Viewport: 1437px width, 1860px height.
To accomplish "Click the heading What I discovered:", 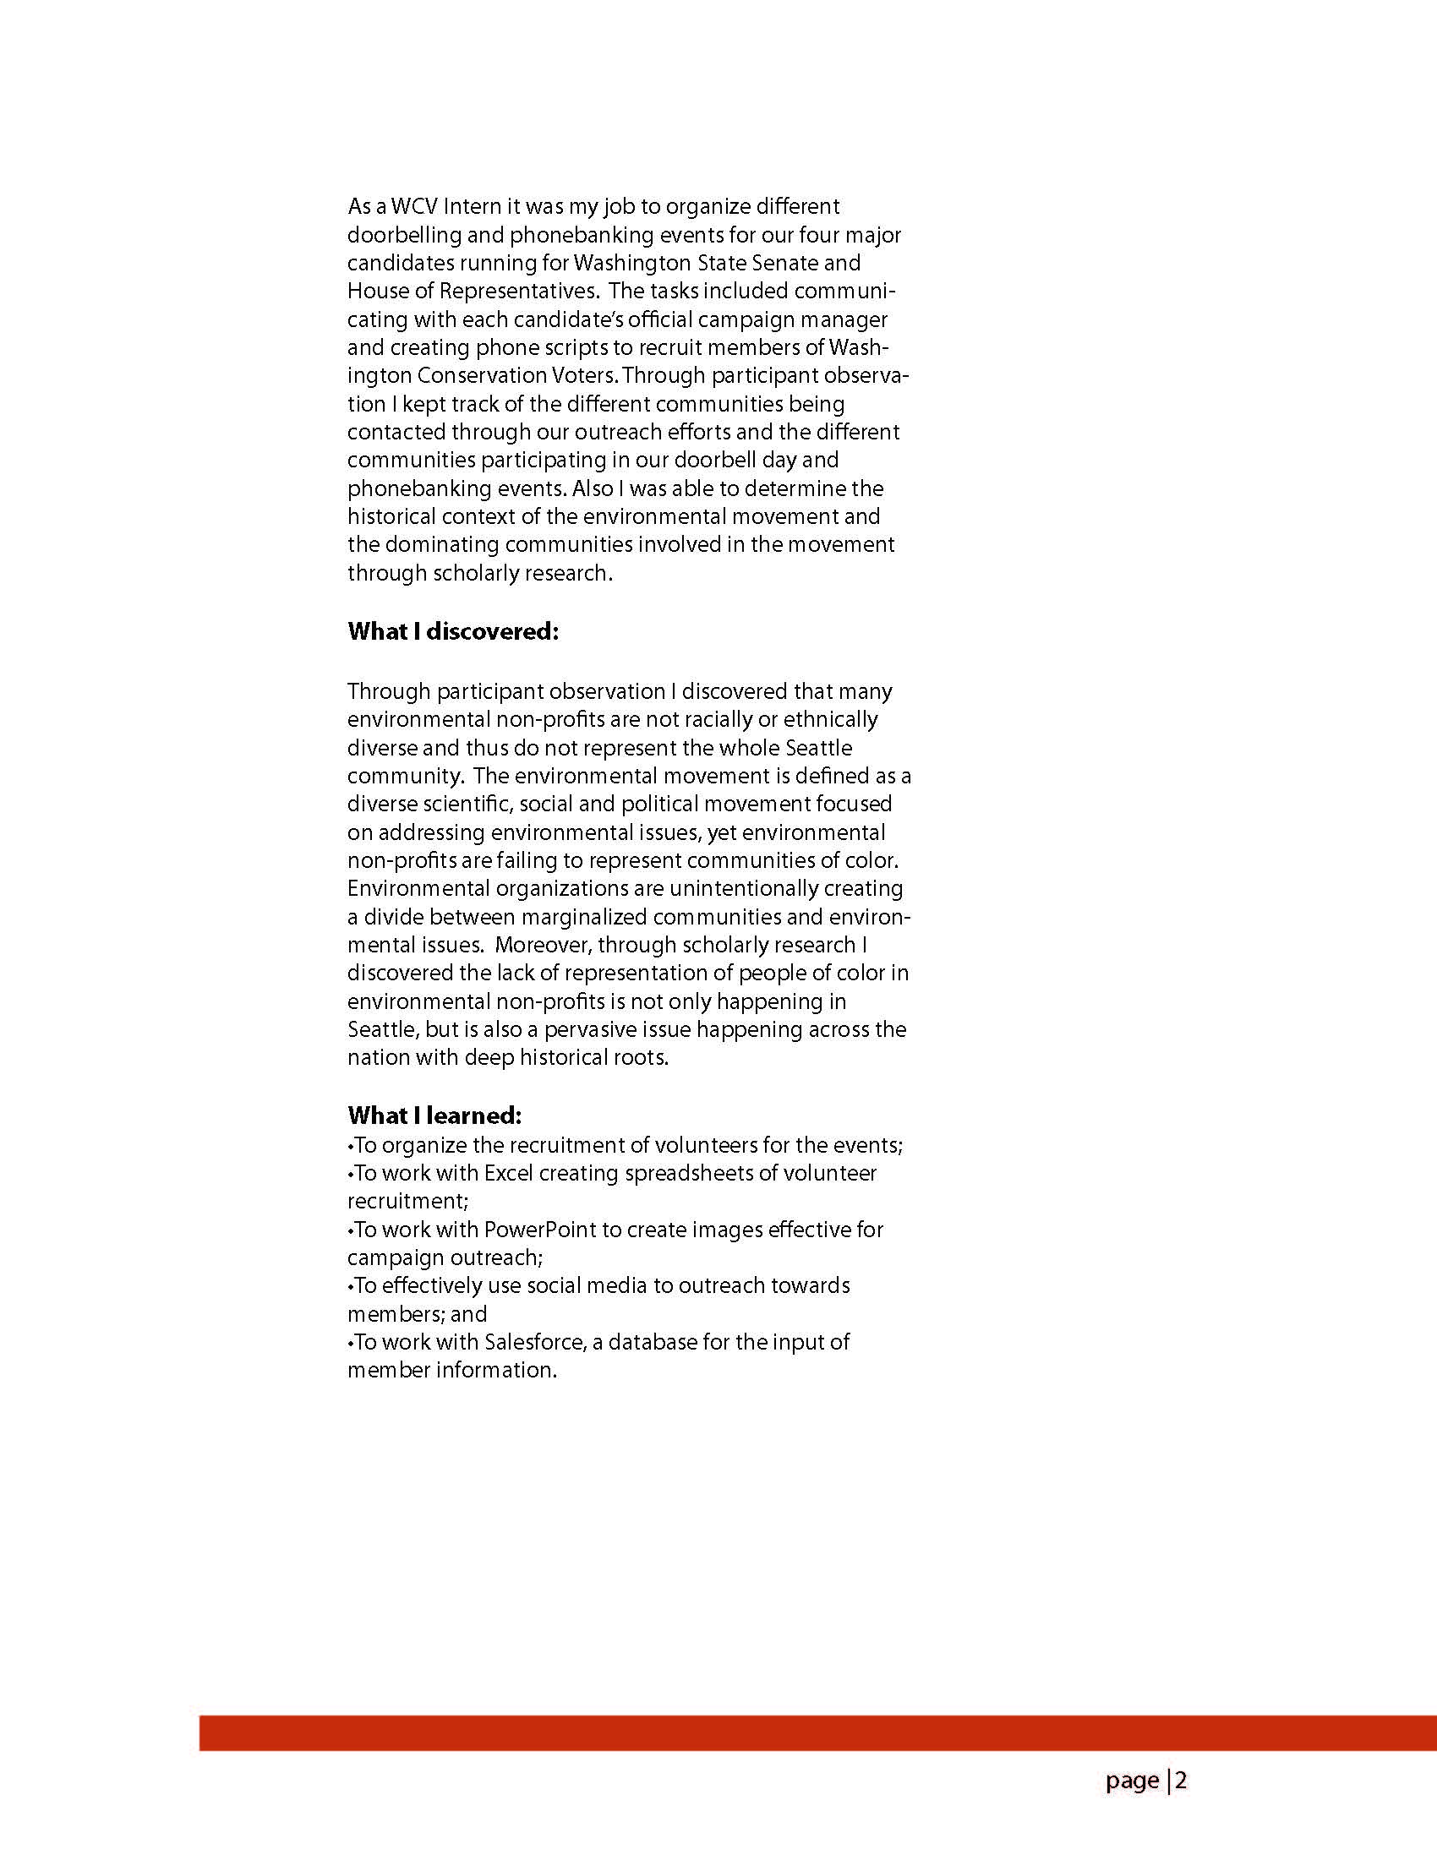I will click(453, 632).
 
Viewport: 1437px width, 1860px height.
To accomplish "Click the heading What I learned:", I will click(434, 1115).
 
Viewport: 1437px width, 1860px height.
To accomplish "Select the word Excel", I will click(509, 1174).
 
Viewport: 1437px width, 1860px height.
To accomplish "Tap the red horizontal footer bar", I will click(817, 1734).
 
